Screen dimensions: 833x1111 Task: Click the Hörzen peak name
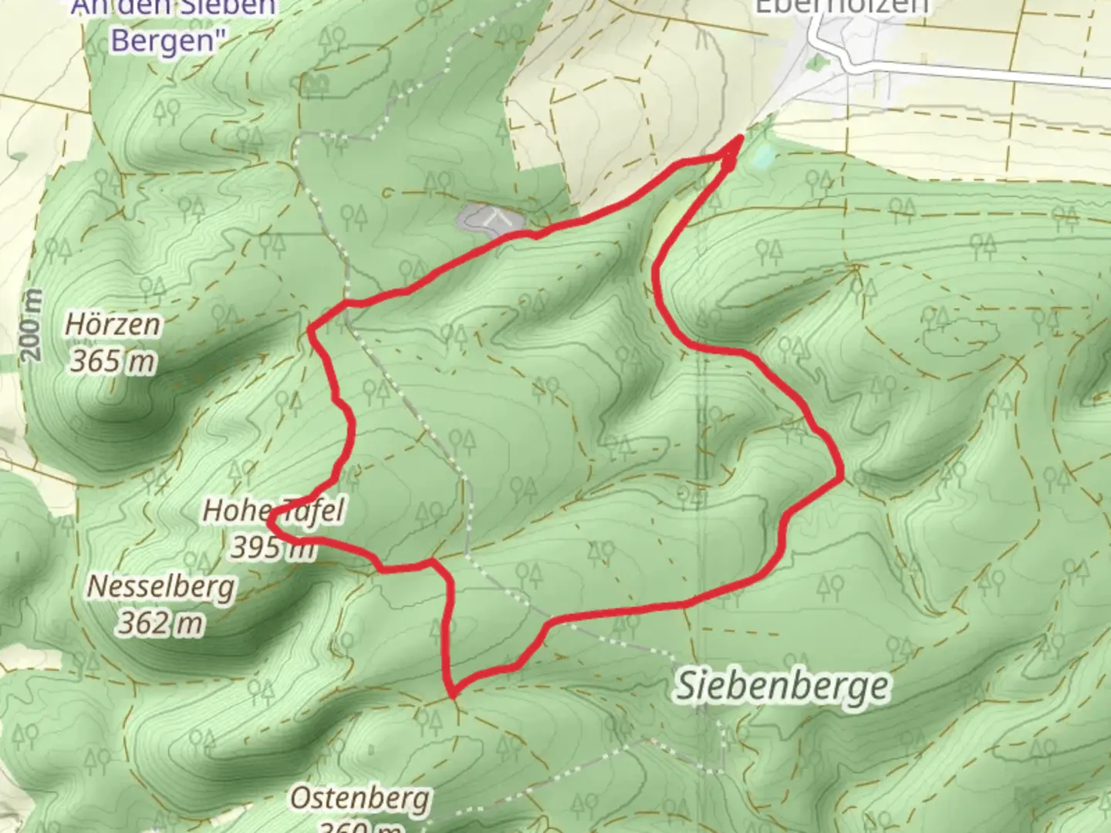[x=113, y=325]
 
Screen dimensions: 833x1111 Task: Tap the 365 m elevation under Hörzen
[x=113, y=360]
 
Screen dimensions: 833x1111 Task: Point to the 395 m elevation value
[x=272, y=548]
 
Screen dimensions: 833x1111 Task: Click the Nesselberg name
[x=160, y=587]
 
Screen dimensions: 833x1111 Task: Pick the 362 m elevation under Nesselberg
[x=160, y=622]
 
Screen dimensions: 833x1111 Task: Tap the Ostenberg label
[x=360, y=798]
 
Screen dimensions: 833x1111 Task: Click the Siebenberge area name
[x=782, y=686]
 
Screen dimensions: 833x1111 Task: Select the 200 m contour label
[x=31, y=325]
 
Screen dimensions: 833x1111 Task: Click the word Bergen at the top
[x=165, y=40]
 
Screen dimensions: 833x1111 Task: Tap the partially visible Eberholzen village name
[x=841, y=7]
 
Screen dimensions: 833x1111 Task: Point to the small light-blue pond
[x=762, y=157]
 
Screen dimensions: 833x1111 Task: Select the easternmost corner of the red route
[x=840, y=477]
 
